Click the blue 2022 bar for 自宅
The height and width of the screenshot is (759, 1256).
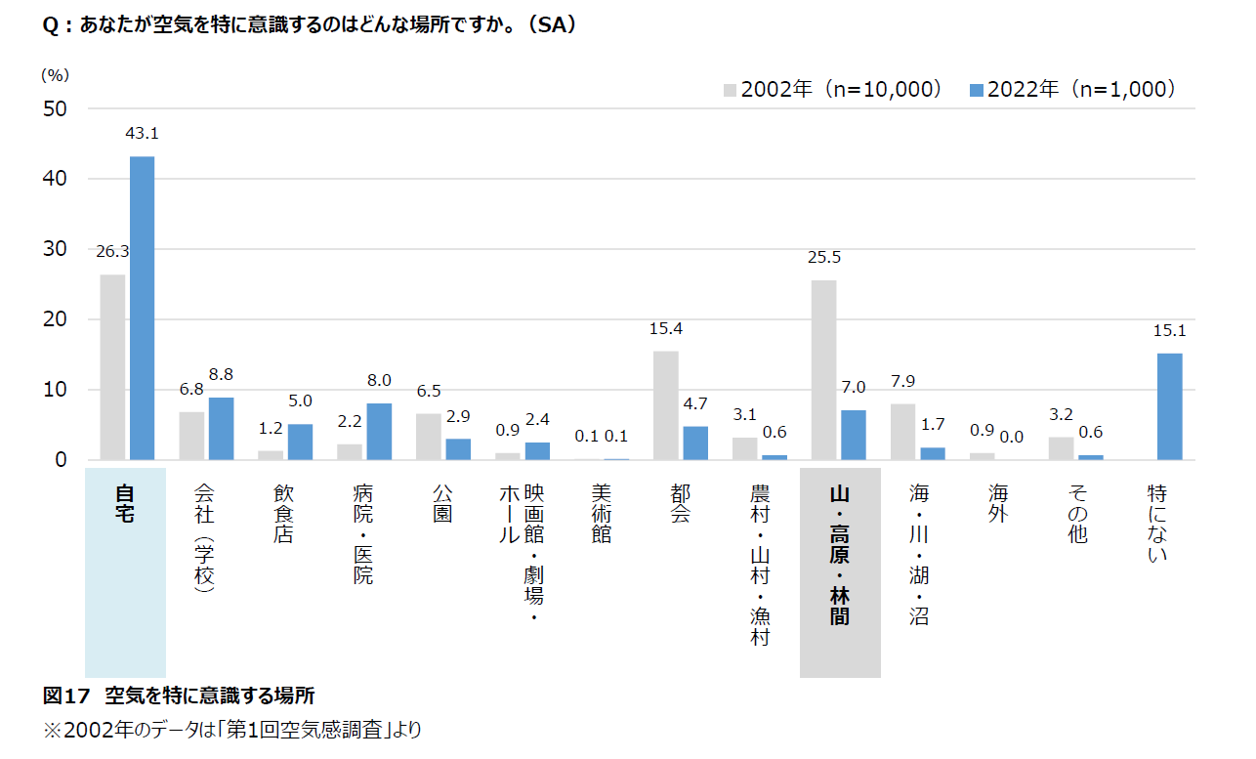143,308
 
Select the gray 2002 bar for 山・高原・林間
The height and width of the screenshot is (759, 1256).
824,369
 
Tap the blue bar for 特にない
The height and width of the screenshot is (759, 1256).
1170,406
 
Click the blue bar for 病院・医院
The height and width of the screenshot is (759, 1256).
379,431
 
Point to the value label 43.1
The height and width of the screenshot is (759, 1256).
143,133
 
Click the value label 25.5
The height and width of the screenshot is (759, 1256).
824,258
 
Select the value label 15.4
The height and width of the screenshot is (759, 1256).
666,328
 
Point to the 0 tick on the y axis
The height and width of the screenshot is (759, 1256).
61,459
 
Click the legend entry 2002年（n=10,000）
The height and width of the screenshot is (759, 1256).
833,89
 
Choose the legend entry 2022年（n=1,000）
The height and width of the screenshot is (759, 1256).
1072,89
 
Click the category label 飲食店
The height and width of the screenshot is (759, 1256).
283,512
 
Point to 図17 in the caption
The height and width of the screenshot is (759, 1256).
66,696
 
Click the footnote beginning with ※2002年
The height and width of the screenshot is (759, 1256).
232,730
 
